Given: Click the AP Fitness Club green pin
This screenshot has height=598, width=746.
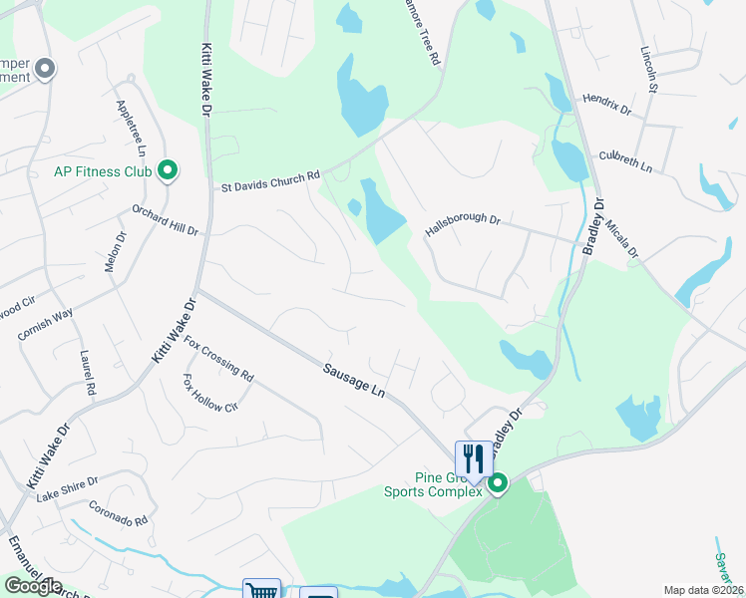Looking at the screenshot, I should coord(168,171).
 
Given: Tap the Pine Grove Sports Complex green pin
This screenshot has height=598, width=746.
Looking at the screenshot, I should coord(497,484).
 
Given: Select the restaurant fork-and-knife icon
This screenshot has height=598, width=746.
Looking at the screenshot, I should coord(472,458).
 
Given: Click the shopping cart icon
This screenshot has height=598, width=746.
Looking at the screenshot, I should coord(261,591).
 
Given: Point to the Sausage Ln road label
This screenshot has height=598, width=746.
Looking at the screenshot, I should coord(353,380).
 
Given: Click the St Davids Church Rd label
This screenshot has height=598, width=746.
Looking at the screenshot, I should coord(269,181).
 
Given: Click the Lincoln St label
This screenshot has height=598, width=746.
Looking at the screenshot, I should coord(650,70).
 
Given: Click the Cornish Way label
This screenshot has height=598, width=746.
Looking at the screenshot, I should coord(45,326).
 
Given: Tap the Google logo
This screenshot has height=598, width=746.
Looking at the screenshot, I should coord(32,586).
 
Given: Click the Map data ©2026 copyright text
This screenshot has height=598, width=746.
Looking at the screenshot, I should coord(702,590).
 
